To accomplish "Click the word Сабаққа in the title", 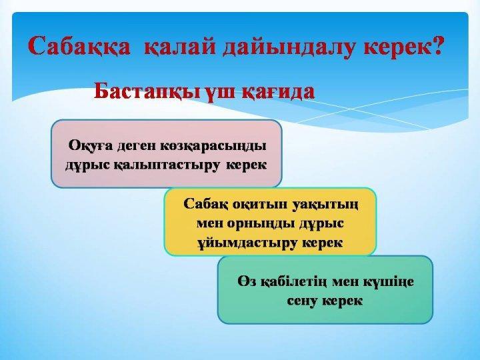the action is coord(79,47).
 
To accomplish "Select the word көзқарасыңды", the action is coord(213,146).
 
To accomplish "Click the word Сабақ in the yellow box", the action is coord(205,203).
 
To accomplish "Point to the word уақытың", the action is coord(325,205).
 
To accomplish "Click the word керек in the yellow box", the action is coord(322,243).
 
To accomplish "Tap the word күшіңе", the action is coord(388,281).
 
